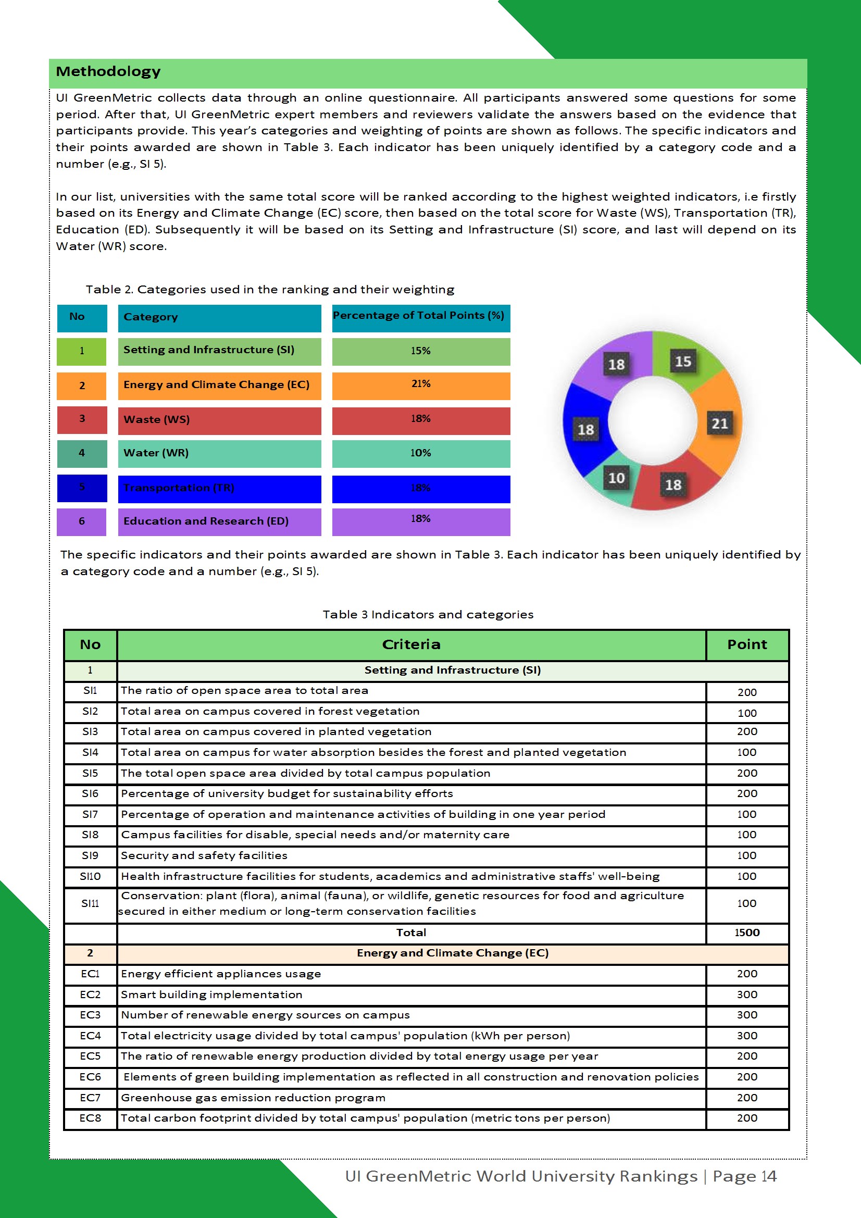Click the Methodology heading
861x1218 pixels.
[x=108, y=71]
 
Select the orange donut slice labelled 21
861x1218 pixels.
[x=719, y=424]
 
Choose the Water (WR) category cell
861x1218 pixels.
[x=219, y=454]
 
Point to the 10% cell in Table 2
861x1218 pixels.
[x=421, y=454]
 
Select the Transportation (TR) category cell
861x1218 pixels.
[x=219, y=488]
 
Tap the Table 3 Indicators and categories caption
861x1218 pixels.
[x=428, y=614]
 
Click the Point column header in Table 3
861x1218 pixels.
[x=746, y=644]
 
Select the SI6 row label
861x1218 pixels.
[x=90, y=793]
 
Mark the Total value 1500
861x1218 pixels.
[x=746, y=933]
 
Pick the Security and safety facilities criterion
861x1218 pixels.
[x=204, y=856]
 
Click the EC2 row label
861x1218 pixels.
[x=90, y=995]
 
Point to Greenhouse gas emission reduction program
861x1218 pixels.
[x=253, y=1098]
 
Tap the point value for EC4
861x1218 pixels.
[x=746, y=1036]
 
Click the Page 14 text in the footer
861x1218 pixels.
[x=744, y=1176]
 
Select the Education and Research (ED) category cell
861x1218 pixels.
[x=219, y=521]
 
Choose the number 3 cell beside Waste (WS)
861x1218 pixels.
[x=82, y=419]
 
